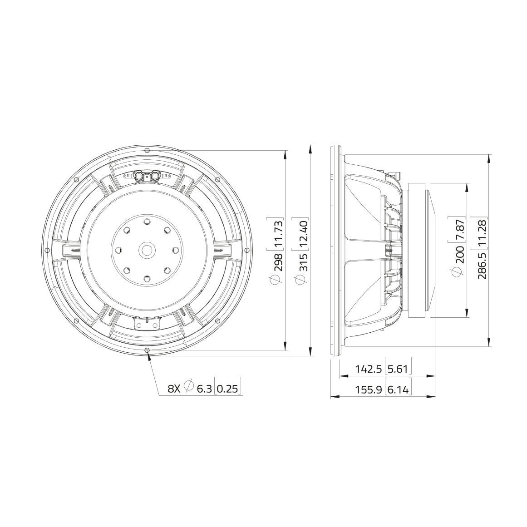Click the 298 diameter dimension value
pos(278,262)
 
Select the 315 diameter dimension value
pos(303,262)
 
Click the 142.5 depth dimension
pos(368,369)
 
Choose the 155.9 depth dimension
pos(368,389)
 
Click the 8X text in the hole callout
pos(174,389)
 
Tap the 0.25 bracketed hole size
pos(227,389)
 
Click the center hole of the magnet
pos(147,250)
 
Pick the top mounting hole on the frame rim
pos(147,150)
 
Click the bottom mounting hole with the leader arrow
pos(147,350)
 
